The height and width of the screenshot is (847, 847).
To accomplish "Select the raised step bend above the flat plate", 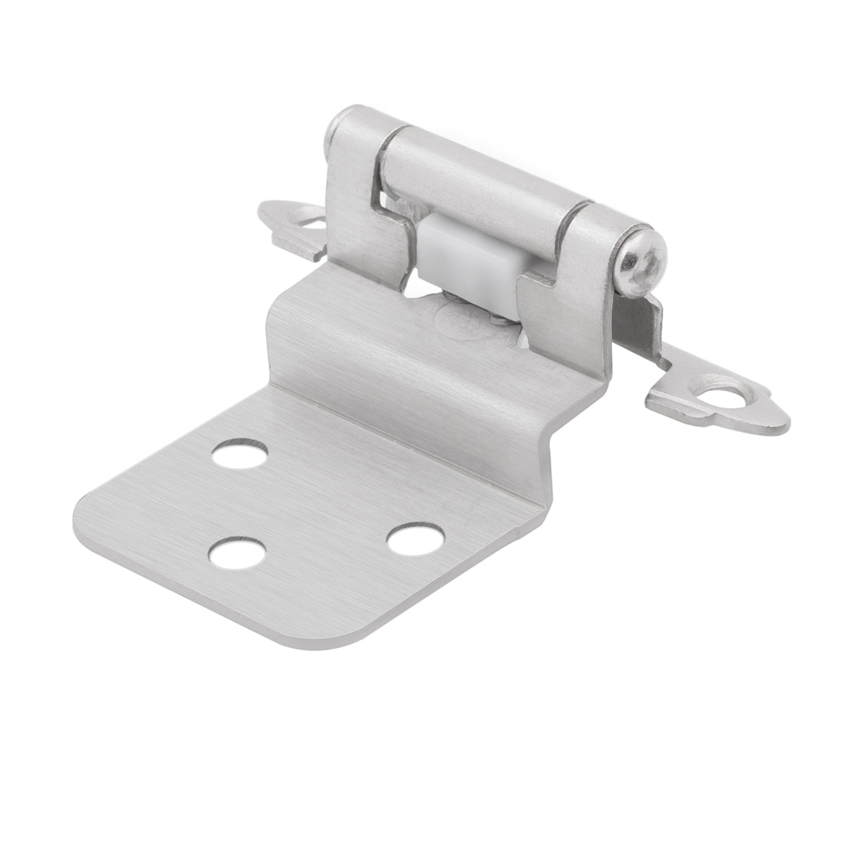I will point(395,353).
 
